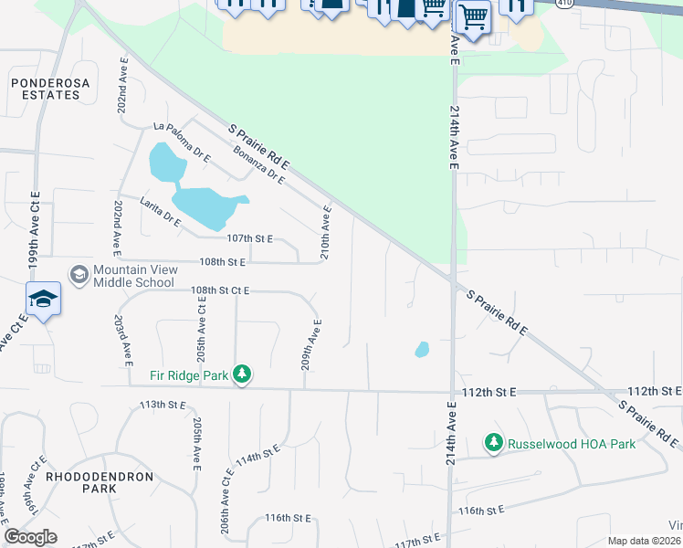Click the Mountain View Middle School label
point(133,275)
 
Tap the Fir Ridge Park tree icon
point(242,374)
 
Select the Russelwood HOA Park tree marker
point(494,443)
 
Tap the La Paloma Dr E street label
point(183,142)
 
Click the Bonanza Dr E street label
point(257,165)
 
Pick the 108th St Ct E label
point(221,290)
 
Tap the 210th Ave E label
point(326,232)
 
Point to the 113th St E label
point(163,404)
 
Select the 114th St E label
point(257,458)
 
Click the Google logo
point(31,537)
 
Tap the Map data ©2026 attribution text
point(644,541)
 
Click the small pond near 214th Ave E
point(422,349)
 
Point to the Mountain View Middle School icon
point(79,274)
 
